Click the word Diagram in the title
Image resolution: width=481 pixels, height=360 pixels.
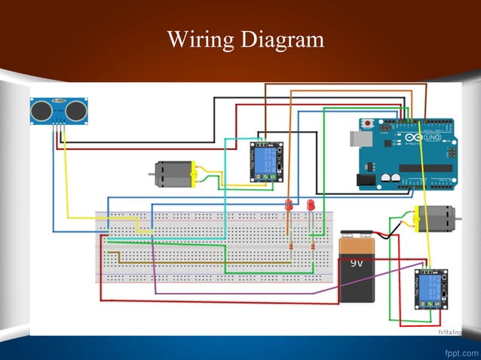[281, 39]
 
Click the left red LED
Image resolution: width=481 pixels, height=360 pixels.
[288, 205]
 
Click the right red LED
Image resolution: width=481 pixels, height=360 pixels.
[311, 205]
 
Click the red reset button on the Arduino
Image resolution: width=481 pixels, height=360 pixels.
[368, 123]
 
